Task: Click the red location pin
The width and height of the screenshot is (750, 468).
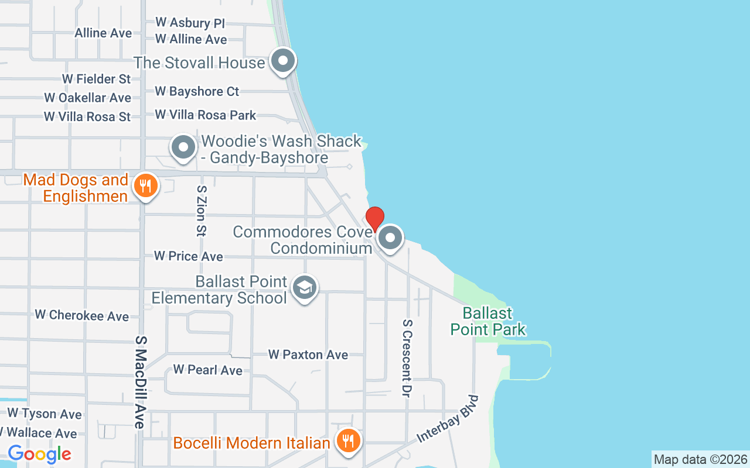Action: coord(375,219)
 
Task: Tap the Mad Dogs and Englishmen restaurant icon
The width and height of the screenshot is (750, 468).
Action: coord(144,187)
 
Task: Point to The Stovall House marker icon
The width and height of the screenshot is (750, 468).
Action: coord(283,60)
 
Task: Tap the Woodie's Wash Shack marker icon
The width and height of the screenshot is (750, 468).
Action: coord(183,147)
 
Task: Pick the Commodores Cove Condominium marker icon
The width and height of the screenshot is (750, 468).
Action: coord(390,238)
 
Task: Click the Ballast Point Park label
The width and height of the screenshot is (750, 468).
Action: coord(488,321)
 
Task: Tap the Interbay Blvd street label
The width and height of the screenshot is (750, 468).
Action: coord(448,419)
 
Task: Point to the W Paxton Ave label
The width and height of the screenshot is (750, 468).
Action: coord(308,355)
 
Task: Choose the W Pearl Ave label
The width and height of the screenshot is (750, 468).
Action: coord(207,370)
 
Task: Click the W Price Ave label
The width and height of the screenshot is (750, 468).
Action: coord(188,256)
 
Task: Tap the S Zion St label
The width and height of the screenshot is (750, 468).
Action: coord(201,211)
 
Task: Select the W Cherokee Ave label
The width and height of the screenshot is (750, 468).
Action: coord(81,315)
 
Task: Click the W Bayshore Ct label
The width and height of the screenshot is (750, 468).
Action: coord(197,91)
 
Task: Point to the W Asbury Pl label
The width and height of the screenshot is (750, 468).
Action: coord(190,23)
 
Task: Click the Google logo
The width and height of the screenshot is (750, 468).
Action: coord(39,453)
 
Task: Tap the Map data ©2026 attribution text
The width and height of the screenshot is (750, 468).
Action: coord(700,459)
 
